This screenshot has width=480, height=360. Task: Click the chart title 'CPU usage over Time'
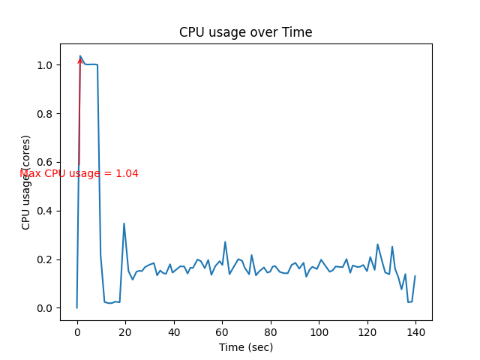pos(245,32)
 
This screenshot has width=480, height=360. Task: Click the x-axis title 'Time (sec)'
pos(245,347)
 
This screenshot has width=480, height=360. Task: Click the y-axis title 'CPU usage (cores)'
pos(26,182)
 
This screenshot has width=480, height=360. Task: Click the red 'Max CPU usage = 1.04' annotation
pos(79,173)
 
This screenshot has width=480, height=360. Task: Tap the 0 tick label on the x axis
pos(76,331)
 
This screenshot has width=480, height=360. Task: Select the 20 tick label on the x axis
pos(125,331)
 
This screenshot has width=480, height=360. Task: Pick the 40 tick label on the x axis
pos(173,331)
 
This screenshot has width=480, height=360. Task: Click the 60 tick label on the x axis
pos(222,331)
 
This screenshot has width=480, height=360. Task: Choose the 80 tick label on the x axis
pos(270,331)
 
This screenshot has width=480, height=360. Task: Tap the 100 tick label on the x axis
pos(319,331)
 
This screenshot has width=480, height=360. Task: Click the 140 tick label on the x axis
pos(415,331)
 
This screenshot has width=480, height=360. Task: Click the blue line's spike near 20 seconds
pos(124,223)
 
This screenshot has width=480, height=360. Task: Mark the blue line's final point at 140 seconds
pos(415,276)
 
